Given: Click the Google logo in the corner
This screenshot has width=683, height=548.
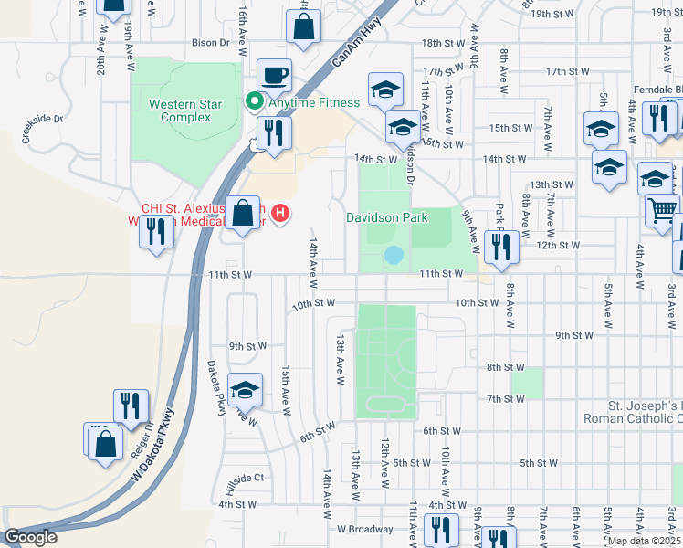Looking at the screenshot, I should click(30, 537).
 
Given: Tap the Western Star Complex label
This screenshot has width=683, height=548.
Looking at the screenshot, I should click(185, 111).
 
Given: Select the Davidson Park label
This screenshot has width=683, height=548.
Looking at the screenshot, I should click(386, 218).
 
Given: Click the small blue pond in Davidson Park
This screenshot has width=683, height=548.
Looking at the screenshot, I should click(394, 255).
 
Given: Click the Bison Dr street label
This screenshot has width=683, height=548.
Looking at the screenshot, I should click(210, 42).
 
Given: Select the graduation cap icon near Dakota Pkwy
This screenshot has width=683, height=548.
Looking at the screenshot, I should click(245, 390).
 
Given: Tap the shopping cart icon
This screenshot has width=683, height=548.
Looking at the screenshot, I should click(662, 209).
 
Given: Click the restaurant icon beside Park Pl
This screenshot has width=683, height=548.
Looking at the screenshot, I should click(501, 246).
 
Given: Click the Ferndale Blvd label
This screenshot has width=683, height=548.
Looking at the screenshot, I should click(657, 90).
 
